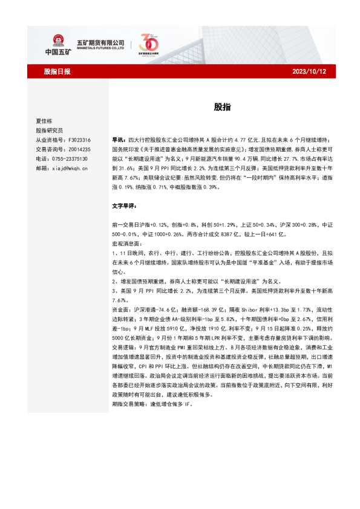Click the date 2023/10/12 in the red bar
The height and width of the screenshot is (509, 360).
click(313, 71)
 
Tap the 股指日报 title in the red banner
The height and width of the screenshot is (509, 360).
click(57, 71)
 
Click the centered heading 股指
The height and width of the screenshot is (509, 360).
click(221, 107)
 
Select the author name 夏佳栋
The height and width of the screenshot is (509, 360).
click(45, 121)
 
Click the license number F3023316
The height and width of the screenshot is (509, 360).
click(78, 140)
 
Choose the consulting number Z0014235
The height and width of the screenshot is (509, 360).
click(78, 149)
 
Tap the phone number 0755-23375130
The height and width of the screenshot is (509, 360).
click(70, 158)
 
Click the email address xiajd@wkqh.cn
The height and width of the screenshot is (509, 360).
click(70, 167)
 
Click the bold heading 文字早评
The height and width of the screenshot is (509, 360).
click(125, 206)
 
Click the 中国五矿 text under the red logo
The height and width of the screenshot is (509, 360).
click(58, 52)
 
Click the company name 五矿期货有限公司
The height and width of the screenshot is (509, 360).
click(100, 42)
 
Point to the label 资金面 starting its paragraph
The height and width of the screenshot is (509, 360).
click(120, 291)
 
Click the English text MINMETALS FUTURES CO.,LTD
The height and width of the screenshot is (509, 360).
click(100, 49)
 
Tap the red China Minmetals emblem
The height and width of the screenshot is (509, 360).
click(59, 39)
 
